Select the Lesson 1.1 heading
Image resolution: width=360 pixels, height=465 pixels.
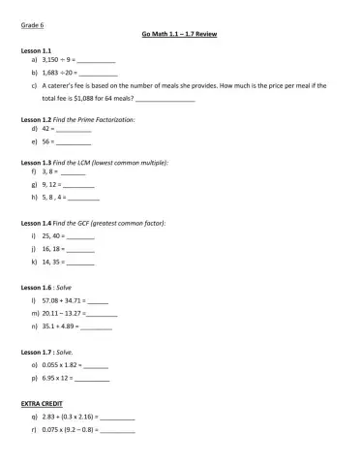pos(35,48)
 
